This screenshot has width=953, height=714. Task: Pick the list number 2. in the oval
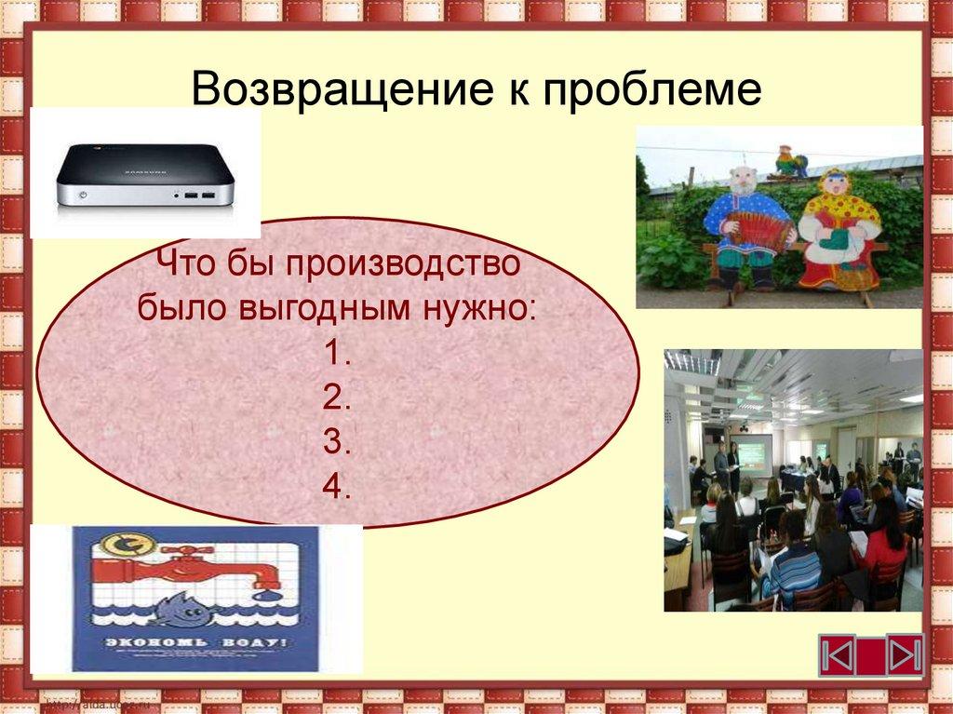(337, 398)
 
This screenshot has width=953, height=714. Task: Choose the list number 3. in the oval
(337, 443)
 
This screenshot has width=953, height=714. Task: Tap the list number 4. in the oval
(337, 488)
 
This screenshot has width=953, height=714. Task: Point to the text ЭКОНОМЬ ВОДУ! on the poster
(195, 643)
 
